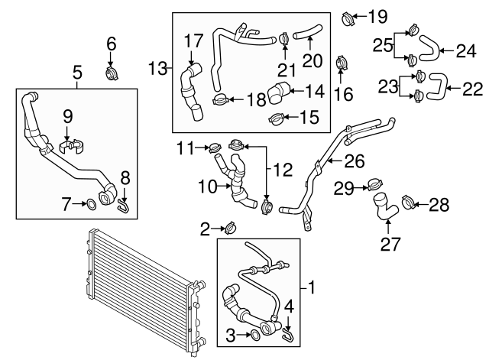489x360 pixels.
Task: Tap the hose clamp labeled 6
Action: click(x=113, y=74)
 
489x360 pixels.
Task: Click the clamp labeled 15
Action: click(x=277, y=118)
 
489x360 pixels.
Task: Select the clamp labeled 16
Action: click(x=342, y=60)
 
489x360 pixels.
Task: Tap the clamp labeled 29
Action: click(x=374, y=183)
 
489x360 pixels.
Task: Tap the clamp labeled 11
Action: click(x=215, y=146)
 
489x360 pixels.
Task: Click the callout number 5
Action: click(x=77, y=73)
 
